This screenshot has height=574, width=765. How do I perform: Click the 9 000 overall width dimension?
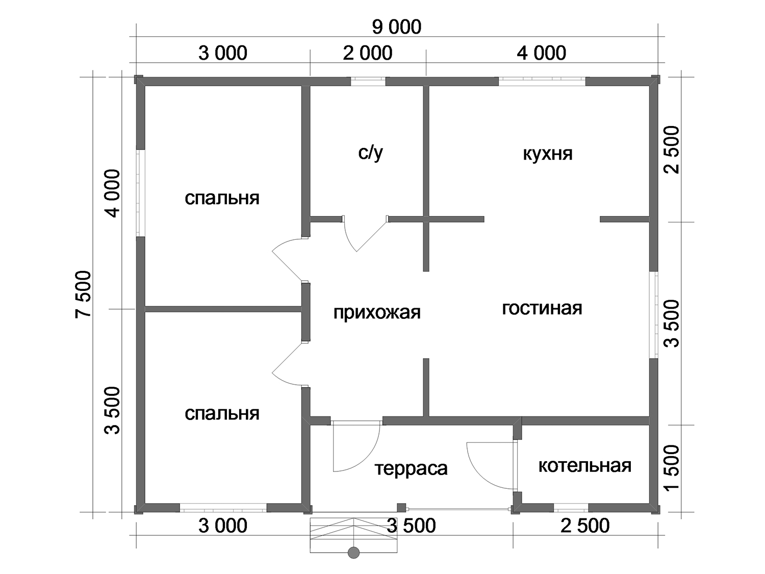click(397, 27)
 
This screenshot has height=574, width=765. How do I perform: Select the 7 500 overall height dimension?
click(83, 295)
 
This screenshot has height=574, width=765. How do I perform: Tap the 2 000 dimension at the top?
click(368, 54)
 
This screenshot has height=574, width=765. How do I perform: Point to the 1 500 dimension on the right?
click(672, 468)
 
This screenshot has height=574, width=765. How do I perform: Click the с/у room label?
click(370, 153)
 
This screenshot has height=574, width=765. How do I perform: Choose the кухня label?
click(548, 154)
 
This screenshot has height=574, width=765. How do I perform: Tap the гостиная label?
click(542, 309)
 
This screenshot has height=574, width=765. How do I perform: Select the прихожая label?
click(377, 313)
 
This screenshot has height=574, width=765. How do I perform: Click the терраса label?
click(411, 469)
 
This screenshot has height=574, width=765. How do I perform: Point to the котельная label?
click(585, 466)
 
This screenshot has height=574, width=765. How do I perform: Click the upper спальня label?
click(222, 198)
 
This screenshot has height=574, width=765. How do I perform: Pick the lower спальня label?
click(222, 414)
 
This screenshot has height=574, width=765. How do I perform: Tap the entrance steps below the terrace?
click(354, 533)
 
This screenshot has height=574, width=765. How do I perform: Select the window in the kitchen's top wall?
click(542, 82)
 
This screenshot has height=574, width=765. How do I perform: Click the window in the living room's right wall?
click(654, 315)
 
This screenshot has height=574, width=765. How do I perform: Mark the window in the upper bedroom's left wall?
click(140, 193)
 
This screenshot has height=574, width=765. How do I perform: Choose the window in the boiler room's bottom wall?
click(571, 508)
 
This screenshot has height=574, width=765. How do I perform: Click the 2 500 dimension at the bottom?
click(585, 526)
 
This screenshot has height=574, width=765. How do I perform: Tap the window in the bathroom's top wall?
click(368, 82)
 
